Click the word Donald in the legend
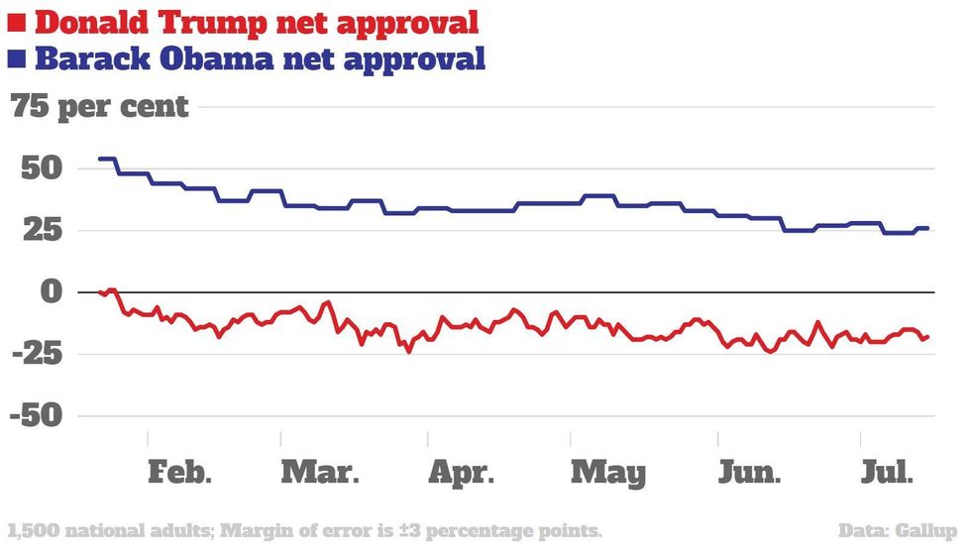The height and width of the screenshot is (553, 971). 89,22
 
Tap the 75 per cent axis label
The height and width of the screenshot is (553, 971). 99,107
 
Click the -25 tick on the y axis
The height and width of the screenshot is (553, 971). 36,354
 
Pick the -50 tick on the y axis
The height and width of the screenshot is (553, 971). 36,416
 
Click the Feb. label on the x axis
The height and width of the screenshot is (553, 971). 180,473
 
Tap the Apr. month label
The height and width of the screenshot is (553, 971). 461,473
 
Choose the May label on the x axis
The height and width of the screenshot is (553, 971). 608,473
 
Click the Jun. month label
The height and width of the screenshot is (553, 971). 749,473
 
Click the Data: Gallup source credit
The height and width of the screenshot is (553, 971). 899,530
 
